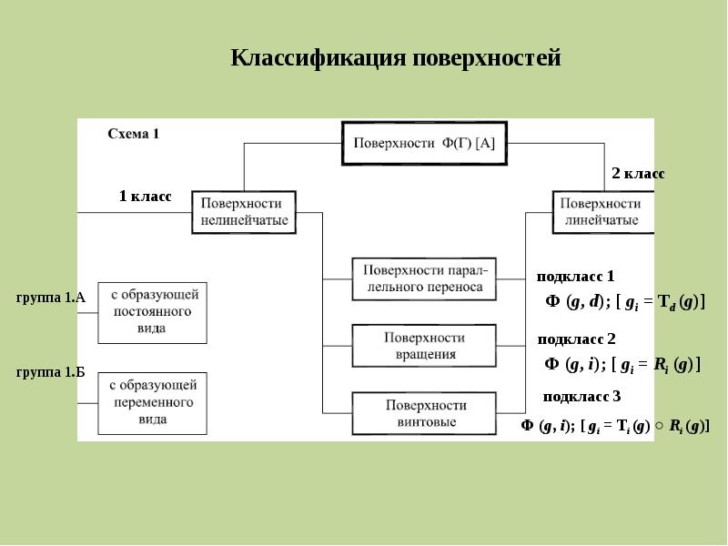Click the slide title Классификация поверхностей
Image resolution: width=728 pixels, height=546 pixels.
pos(396,58)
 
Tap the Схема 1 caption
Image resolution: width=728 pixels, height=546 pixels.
pos(133,134)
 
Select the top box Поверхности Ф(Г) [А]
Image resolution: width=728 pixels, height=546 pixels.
pos(424,143)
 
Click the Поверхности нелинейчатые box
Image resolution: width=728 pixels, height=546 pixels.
pos(244,212)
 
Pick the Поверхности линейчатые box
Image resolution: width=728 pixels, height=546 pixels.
pos(603,212)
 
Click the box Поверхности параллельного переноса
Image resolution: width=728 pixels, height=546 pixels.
pos(424,279)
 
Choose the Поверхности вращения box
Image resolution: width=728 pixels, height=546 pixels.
pos(424,346)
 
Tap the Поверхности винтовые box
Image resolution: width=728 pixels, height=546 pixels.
pos(424,413)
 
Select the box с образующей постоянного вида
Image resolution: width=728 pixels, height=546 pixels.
pos(152,312)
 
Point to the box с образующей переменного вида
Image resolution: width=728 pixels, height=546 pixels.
pos(152,403)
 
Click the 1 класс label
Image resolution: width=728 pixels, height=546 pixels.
pos(145,196)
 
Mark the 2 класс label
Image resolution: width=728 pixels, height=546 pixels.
pos(639,173)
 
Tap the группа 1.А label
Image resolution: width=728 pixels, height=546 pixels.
pos(51,298)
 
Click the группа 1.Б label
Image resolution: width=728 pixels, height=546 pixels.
pos(51,372)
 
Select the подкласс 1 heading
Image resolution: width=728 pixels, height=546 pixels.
pos(575,277)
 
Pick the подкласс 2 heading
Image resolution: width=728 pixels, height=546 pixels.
pos(576,339)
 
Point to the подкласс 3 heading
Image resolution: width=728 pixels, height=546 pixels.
pos(581,397)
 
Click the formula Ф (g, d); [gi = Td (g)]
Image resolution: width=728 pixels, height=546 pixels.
pos(625,303)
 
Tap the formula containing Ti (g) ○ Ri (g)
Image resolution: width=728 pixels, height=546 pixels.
pos(615,426)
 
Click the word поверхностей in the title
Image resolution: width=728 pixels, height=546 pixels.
pos(487,59)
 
